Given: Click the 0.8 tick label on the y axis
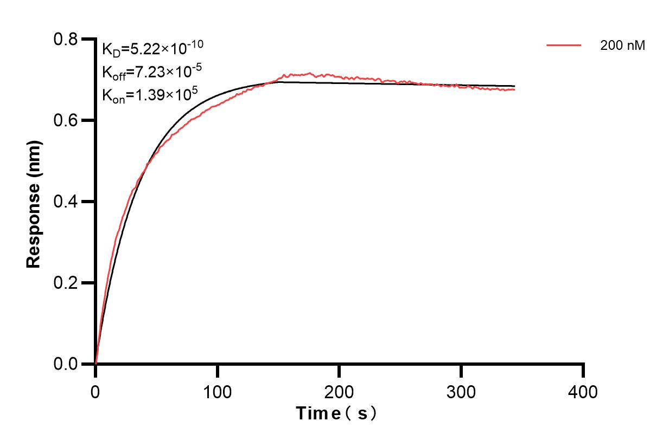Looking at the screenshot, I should coord(65,40).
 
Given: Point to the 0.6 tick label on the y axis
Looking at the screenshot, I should coord(65,120).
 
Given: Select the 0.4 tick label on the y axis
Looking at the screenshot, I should coord(65,202).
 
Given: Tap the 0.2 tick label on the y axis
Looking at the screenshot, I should coord(65,283).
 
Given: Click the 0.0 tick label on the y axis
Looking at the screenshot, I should coord(65,364).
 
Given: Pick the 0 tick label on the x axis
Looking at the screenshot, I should coord(95,391).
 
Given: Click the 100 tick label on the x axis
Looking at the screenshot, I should coord(218,391).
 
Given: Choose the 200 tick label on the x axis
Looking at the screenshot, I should coord(339,391).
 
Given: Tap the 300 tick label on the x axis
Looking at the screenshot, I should coord(461,391).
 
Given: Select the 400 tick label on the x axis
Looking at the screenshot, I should coord(583,391).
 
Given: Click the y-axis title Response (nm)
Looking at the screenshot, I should coord(34,202).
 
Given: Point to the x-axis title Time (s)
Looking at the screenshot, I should coord(336,414).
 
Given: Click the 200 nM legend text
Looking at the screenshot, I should coord(622,47).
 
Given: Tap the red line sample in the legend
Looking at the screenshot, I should coord(564,46).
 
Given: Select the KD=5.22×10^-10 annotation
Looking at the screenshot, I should coord(152,49).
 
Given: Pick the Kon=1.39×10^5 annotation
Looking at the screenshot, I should coord(150,95).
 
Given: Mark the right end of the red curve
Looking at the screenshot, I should coord(514,89).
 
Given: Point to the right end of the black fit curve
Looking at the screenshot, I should coord(514,86).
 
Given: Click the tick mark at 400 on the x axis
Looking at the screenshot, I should coord(583,371).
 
